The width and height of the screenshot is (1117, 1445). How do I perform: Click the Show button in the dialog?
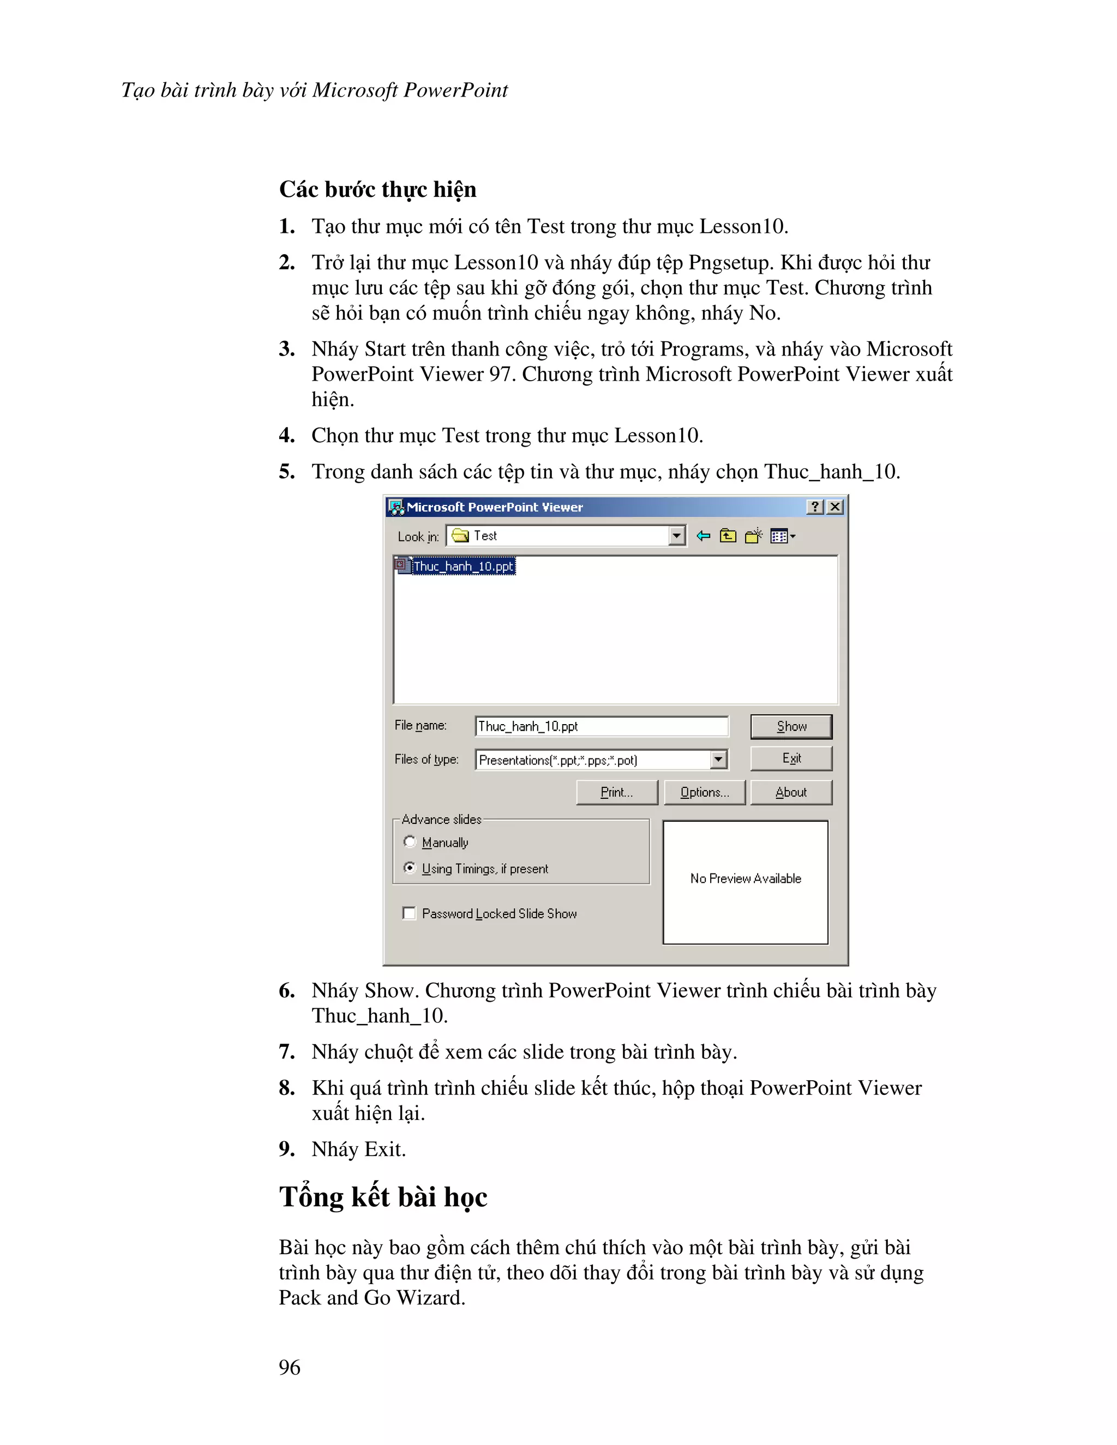click(791, 726)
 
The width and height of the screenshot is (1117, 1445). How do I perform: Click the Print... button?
click(616, 792)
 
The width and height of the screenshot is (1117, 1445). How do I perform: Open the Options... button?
click(704, 792)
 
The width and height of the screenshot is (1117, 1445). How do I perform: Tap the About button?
click(791, 792)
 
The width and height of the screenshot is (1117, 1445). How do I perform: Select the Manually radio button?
click(410, 841)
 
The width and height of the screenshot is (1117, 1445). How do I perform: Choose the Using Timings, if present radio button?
click(410, 868)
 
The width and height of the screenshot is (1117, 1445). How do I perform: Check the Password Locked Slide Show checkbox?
click(410, 913)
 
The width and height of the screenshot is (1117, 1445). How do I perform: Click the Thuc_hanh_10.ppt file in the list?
click(463, 567)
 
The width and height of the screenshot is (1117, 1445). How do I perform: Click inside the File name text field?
click(601, 726)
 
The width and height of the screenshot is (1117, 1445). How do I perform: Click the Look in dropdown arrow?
click(676, 535)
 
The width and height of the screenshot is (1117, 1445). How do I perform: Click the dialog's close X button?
click(835, 507)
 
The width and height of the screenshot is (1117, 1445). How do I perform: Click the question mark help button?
click(815, 507)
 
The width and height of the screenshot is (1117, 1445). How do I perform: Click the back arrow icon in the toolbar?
click(702, 536)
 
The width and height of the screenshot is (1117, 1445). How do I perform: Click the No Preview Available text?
click(745, 878)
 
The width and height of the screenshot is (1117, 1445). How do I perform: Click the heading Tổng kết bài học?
click(382, 1197)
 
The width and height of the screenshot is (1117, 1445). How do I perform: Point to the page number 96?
click(289, 1367)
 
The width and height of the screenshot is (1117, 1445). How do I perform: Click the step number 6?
click(286, 990)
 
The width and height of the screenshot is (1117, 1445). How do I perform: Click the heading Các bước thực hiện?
click(377, 189)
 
